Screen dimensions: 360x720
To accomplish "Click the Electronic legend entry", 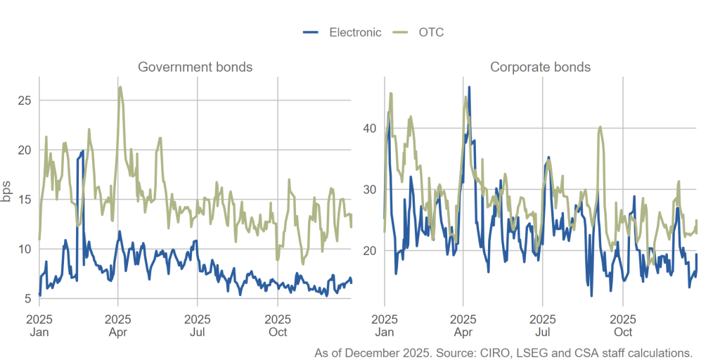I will coord(342,32).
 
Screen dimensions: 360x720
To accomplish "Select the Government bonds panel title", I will coord(195,67).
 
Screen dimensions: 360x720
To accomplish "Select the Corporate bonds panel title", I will coord(540,67).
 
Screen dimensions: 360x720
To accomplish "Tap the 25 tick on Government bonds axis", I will coord(24,101).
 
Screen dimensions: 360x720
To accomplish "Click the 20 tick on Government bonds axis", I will coord(24,150).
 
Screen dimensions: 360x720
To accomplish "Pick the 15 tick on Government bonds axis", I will coord(24,200).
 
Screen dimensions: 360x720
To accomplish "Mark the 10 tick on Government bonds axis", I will coord(24,249).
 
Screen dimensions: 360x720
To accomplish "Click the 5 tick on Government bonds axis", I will coord(27,298).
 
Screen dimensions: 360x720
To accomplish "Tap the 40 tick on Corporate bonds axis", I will coord(369,128).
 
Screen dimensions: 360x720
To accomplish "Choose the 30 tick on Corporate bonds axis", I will coord(369,189).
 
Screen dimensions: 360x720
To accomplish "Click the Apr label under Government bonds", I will coord(117,332).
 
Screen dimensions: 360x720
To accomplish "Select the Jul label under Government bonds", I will coord(197,332).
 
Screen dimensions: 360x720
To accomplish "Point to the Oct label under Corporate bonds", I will coord(623,332).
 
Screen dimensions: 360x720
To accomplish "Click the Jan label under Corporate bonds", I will coord(384,332).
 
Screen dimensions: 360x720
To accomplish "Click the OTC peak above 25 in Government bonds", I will coord(120,87).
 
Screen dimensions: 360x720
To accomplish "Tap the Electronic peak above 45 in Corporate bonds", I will coord(469,87).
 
